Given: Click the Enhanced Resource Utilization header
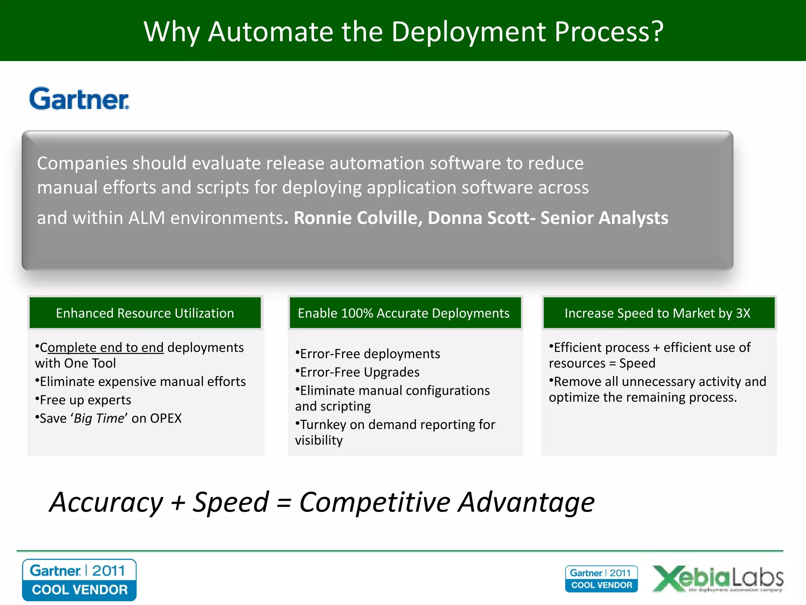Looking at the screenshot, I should point(145,313).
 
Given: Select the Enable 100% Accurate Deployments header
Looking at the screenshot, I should point(404,313).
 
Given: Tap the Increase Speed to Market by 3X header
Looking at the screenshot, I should point(657,313).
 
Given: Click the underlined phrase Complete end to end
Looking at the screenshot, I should point(102,347).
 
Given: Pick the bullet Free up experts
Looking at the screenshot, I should point(85,400).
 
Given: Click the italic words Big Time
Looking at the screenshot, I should point(99,418).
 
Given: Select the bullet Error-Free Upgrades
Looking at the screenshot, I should point(359,372).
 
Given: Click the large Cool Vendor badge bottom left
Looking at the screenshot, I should point(79,580).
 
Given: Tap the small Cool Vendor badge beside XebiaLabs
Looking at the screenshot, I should point(601,579).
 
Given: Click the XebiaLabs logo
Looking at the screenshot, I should point(718,579).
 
